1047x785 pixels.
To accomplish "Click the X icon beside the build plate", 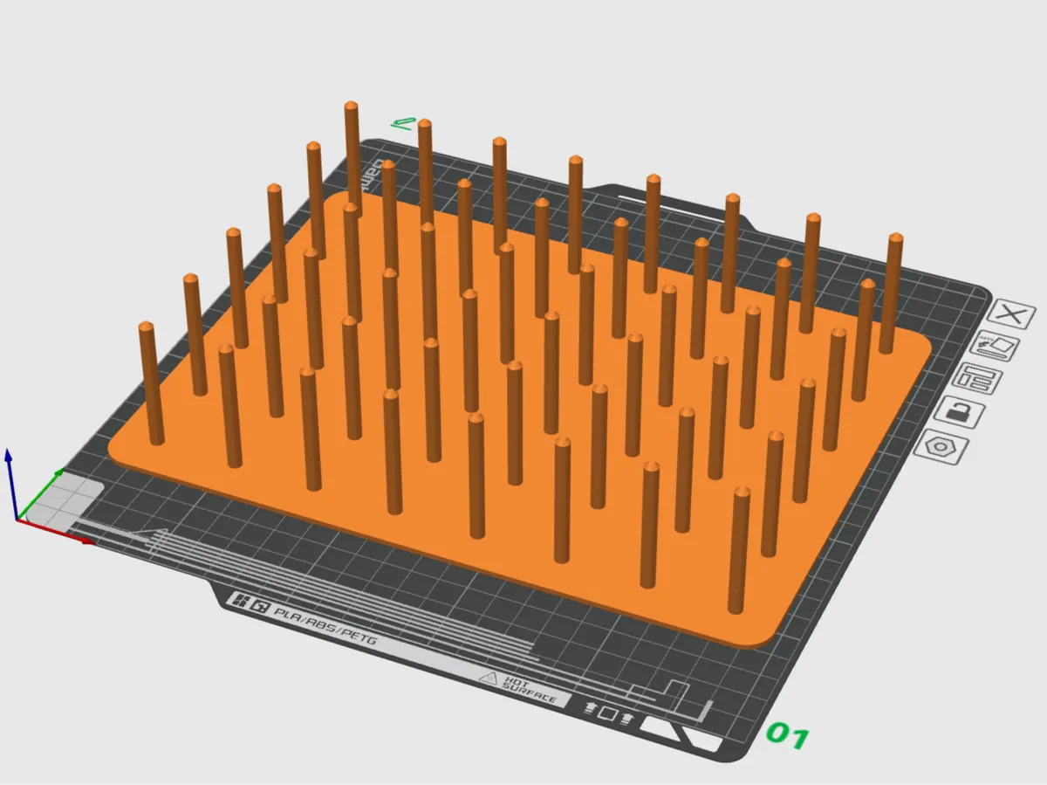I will pyautogui.click(x=1012, y=315).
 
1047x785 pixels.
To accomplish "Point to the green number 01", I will pyautogui.click(x=787, y=736).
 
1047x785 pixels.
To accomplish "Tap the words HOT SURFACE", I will pyautogui.click(x=529, y=688).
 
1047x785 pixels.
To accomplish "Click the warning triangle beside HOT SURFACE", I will pyautogui.click(x=489, y=677).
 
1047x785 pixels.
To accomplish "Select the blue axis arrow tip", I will pyautogui.click(x=9, y=453).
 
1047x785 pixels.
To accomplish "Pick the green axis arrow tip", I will pyautogui.click(x=59, y=472).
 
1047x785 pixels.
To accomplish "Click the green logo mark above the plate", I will pyautogui.click(x=403, y=123).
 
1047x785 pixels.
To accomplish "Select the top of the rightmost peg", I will pyautogui.click(x=895, y=238).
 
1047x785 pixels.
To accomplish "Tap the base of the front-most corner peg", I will pyautogui.click(x=738, y=609).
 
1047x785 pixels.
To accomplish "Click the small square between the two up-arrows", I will pyautogui.click(x=607, y=715).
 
